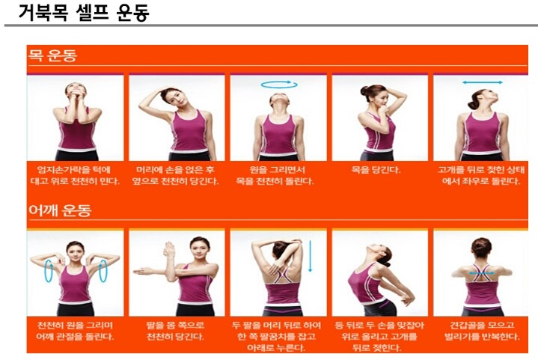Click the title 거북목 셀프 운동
click(x=84, y=13)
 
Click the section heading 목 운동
click(x=52, y=55)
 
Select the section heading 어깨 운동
click(x=60, y=210)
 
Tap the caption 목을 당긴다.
click(x=376, y=170)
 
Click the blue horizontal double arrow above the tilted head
click(x=482, y=82)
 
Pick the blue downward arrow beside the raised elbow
click(x=311, y=257)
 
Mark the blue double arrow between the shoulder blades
click(x=482, y=273)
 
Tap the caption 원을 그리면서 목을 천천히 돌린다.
click(x=275, y=175)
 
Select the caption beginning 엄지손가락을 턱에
click(x=75, y=175)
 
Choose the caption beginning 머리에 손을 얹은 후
click(x=175, y=175)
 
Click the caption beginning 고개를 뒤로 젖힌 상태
click(x=481, y=175)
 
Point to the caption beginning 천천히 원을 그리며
click(x=75, y=331)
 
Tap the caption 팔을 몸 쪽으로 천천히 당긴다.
click(x=175, y=331)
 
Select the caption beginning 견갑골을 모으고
click(x=482, y=331)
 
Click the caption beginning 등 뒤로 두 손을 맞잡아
click(x=379, y=336)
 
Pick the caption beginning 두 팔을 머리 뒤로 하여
click(x=276, y=336)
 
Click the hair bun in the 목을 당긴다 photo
click(x=364, y=91)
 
